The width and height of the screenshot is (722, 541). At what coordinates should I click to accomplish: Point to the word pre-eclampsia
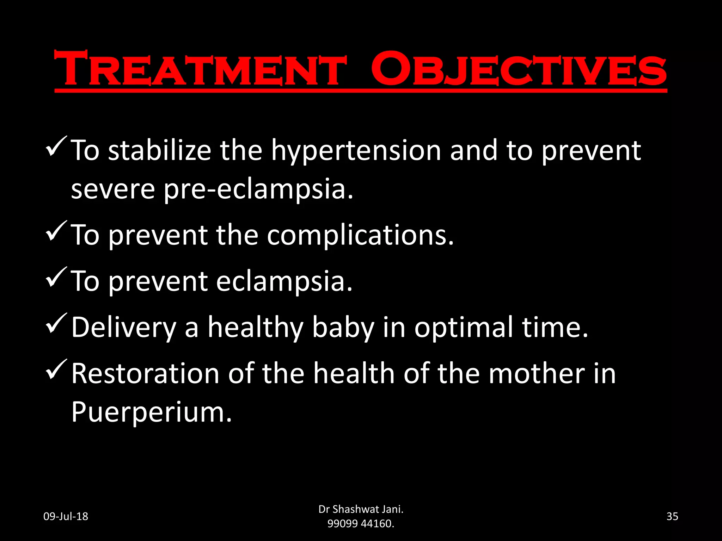click(x=258, y=189)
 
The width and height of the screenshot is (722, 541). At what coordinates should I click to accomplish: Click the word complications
click(x=360, y=236)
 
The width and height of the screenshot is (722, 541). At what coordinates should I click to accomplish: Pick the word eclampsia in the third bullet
click(x=284, y=282)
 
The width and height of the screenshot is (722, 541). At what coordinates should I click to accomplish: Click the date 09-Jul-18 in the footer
click(x=66, y=516)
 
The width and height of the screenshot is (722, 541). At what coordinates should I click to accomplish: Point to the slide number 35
click(x=672, y=516)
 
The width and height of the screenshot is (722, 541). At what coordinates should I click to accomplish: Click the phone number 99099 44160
click(x=360, y=524)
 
